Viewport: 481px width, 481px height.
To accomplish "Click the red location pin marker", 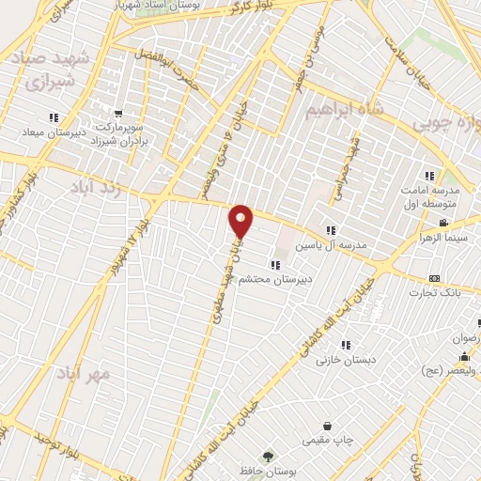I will [241, 221].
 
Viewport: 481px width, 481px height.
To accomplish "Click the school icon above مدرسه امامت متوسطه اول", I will [429, 176].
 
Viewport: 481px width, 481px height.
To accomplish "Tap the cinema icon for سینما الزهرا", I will [442, 224].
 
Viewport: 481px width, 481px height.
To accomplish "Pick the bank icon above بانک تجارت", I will [434, 278].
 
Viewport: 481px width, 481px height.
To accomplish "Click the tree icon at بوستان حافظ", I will [270, 456].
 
